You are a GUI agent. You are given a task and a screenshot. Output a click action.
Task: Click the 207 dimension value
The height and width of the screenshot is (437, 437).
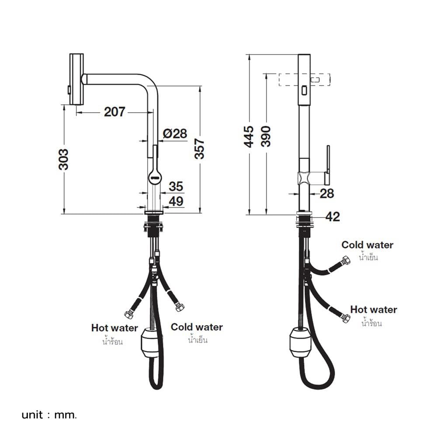(114, 112)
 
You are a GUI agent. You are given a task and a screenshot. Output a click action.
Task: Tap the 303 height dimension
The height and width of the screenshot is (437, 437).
(63, 160)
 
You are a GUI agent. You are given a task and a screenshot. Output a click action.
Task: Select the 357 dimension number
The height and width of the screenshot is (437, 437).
(200, 149)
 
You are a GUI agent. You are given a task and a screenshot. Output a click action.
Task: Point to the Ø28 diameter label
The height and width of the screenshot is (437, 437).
(175, 133)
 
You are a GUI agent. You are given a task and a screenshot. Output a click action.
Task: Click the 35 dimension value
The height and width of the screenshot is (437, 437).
(176, 187)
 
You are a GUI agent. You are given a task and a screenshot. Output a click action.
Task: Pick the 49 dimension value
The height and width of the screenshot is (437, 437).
(176, 201)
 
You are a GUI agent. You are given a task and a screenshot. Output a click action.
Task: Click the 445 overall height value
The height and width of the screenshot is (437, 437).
(249, 136)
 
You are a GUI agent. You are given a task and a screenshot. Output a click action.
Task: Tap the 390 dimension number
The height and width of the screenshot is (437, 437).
(266, 136)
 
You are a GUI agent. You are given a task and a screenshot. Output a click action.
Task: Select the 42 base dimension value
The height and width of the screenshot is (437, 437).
(333, 217)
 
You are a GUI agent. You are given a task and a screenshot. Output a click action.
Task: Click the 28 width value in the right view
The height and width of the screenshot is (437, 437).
(326, 194)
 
